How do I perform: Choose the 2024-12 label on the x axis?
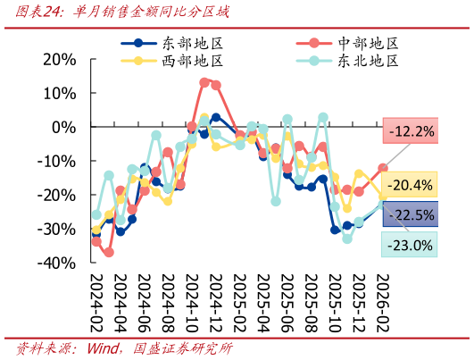[x=216, y=303]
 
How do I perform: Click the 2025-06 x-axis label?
[x=287, y=303]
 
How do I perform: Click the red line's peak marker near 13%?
[x=204, y=82]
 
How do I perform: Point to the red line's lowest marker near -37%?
[x=109, y=252]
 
